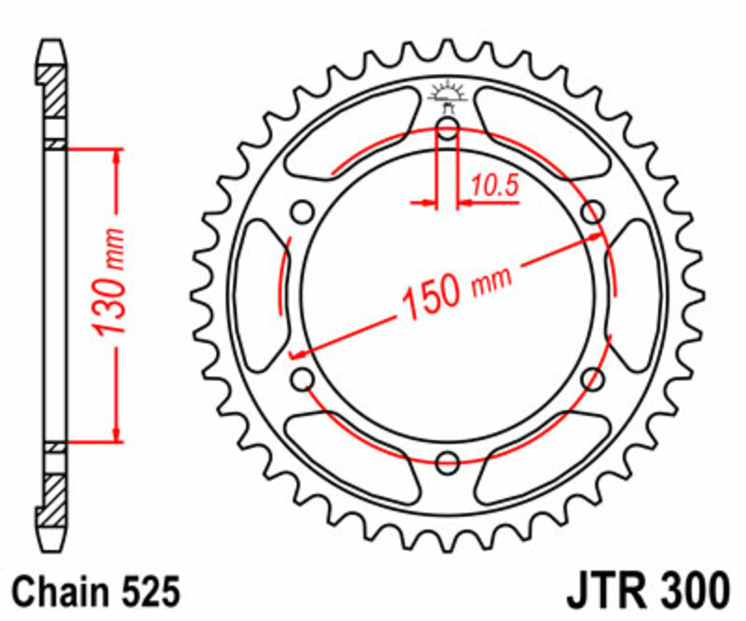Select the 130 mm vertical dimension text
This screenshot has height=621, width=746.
tap(113, 281)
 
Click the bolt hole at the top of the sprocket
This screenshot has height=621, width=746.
tap(448, 129)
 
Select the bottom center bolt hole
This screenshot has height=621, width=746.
tap(448, 461)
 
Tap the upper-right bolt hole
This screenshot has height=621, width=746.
tap(591, 213)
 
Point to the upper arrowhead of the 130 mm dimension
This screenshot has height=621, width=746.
tap(117, 154)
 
